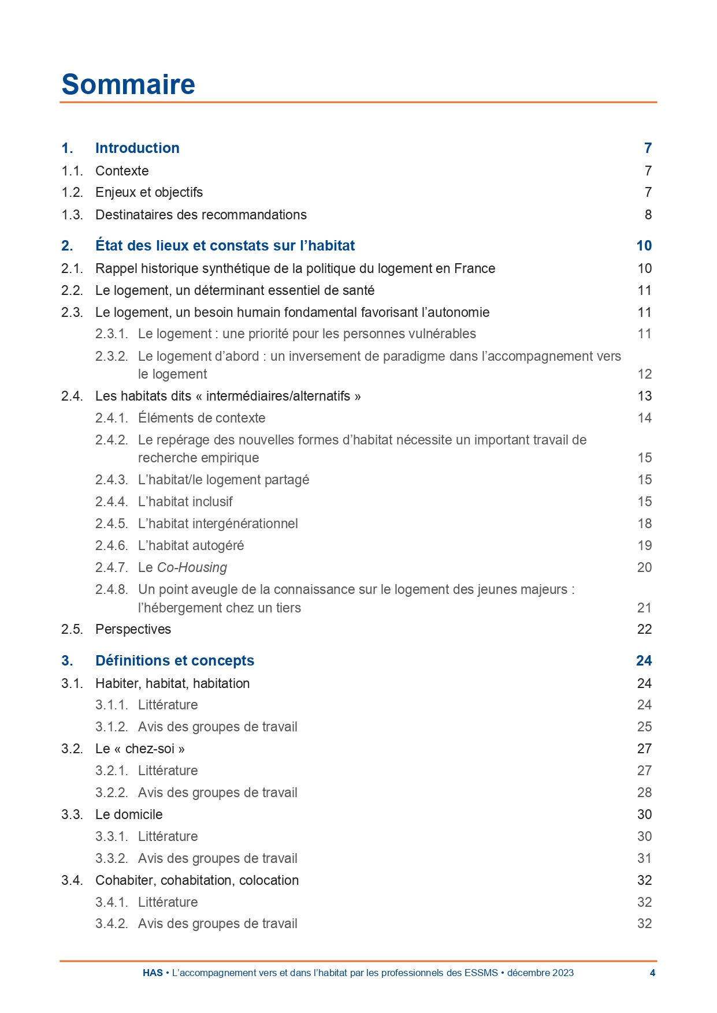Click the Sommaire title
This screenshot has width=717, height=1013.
click(x=128, y=84)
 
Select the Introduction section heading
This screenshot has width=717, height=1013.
click(x=137, y=148)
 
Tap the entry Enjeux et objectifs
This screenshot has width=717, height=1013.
click(x=149, y=192)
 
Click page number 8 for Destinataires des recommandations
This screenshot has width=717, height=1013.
click(x=648, y=215)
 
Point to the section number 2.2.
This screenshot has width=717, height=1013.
click(x=72, y=290)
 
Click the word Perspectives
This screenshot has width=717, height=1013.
click(x=133, y=629)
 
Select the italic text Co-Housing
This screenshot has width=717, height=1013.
click(x=192, y=567)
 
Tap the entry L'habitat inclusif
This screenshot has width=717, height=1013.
click(x=185, y=502)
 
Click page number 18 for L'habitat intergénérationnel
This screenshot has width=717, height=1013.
click(x=644, y=524)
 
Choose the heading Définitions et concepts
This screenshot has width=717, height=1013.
click(x=174, y=660)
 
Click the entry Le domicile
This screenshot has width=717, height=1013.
click(x=129, y=814)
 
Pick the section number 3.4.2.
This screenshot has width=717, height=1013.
click(x=112, y=924)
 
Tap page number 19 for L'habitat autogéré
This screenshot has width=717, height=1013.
click(x=644, y=545)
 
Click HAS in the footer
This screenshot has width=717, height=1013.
click(x=153, y=973)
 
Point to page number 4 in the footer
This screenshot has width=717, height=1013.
click(x=652, y=973)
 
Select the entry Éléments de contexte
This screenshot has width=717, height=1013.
click(x=202, y=418)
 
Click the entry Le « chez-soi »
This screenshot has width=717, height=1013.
click(x=140, y=749)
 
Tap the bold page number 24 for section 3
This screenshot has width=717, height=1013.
click(x=644, y=660)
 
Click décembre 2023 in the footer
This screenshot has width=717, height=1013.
click(x=540, y=973)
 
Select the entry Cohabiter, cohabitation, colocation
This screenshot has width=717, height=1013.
click(x=197, y=880)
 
